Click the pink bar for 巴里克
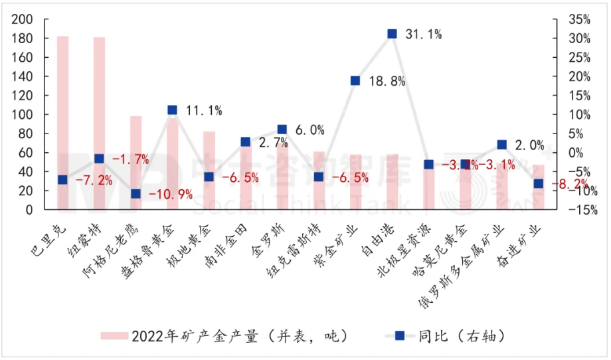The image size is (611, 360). click(62, 123)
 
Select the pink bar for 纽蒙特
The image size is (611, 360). click(99, 123)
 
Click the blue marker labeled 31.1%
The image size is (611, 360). click(392, 34)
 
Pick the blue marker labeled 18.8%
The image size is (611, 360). click(355, 81)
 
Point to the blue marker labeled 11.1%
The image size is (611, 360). click(172, 110)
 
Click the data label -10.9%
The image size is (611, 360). click(170, 195)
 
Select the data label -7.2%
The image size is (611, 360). click(94, 181)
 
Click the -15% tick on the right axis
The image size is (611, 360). click(579, 210)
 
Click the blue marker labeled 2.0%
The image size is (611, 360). click(501, 145)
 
